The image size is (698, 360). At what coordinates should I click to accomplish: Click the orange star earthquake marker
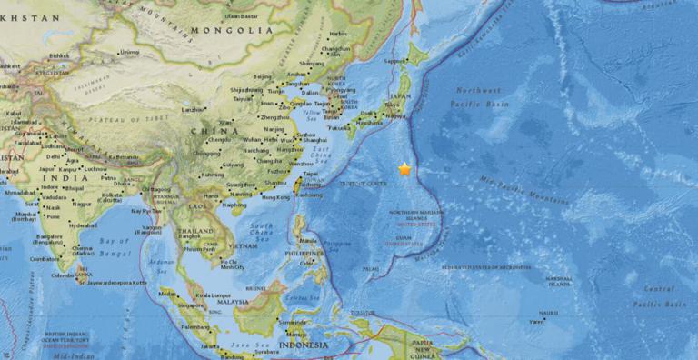click(404, 169)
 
